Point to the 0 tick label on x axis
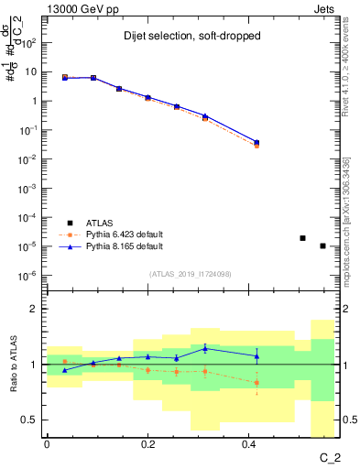coord(47,444)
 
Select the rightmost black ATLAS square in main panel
coord(322,245)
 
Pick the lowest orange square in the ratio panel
coord(256,383)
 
